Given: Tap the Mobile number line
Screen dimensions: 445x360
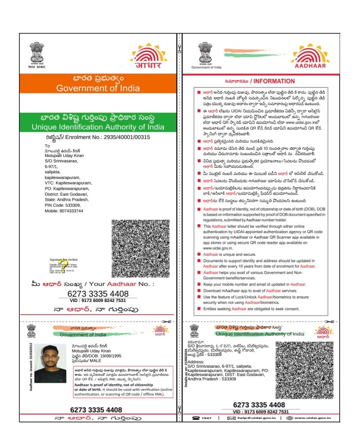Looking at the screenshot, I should (x=64, y=211).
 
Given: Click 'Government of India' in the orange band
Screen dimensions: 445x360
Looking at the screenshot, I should (x=98, y=88).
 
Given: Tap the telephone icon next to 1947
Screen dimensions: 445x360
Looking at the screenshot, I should (x=195, y=418).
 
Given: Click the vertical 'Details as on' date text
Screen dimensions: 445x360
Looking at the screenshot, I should (x=186, y=371).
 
